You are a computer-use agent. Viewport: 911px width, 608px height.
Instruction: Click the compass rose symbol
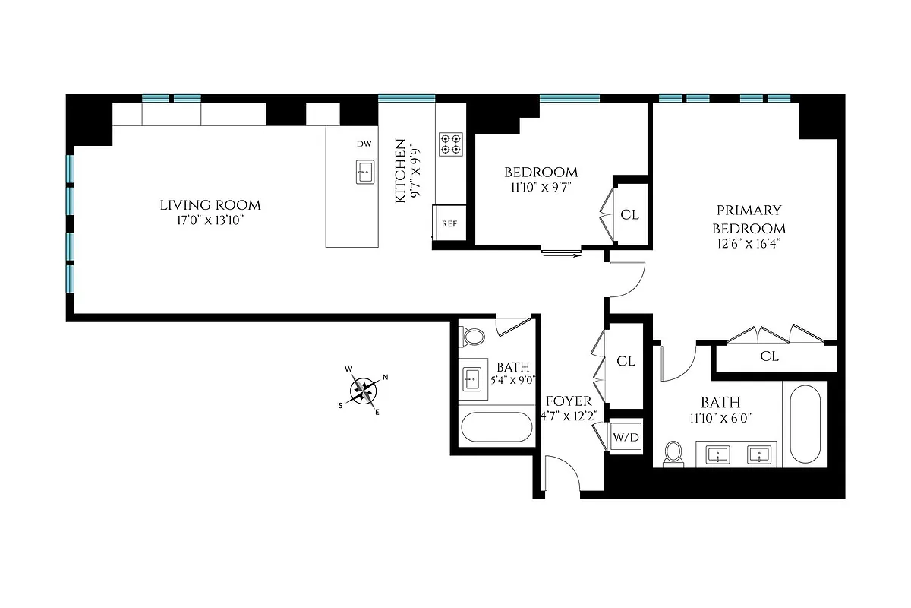[364, 391]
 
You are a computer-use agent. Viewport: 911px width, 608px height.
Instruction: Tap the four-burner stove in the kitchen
[450, 144]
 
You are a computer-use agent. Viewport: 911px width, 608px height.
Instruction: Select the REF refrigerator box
[450, 224]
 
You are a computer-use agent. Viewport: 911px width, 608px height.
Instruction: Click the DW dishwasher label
[364, 144]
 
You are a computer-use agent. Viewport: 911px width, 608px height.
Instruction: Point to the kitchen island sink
[364, 173]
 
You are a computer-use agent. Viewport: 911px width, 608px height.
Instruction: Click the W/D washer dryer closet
[626, 437]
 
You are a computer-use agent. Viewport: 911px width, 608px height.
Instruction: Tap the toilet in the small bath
[474, 336]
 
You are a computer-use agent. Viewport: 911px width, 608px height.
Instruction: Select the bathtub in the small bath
[496, 427]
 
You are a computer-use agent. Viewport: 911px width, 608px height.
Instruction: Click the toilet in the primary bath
[673, 453]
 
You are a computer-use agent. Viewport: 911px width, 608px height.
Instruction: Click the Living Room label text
[210, 205]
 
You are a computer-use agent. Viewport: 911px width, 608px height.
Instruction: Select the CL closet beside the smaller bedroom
[629, 214]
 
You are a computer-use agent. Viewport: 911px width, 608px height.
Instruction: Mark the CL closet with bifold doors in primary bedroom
[769, 356]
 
